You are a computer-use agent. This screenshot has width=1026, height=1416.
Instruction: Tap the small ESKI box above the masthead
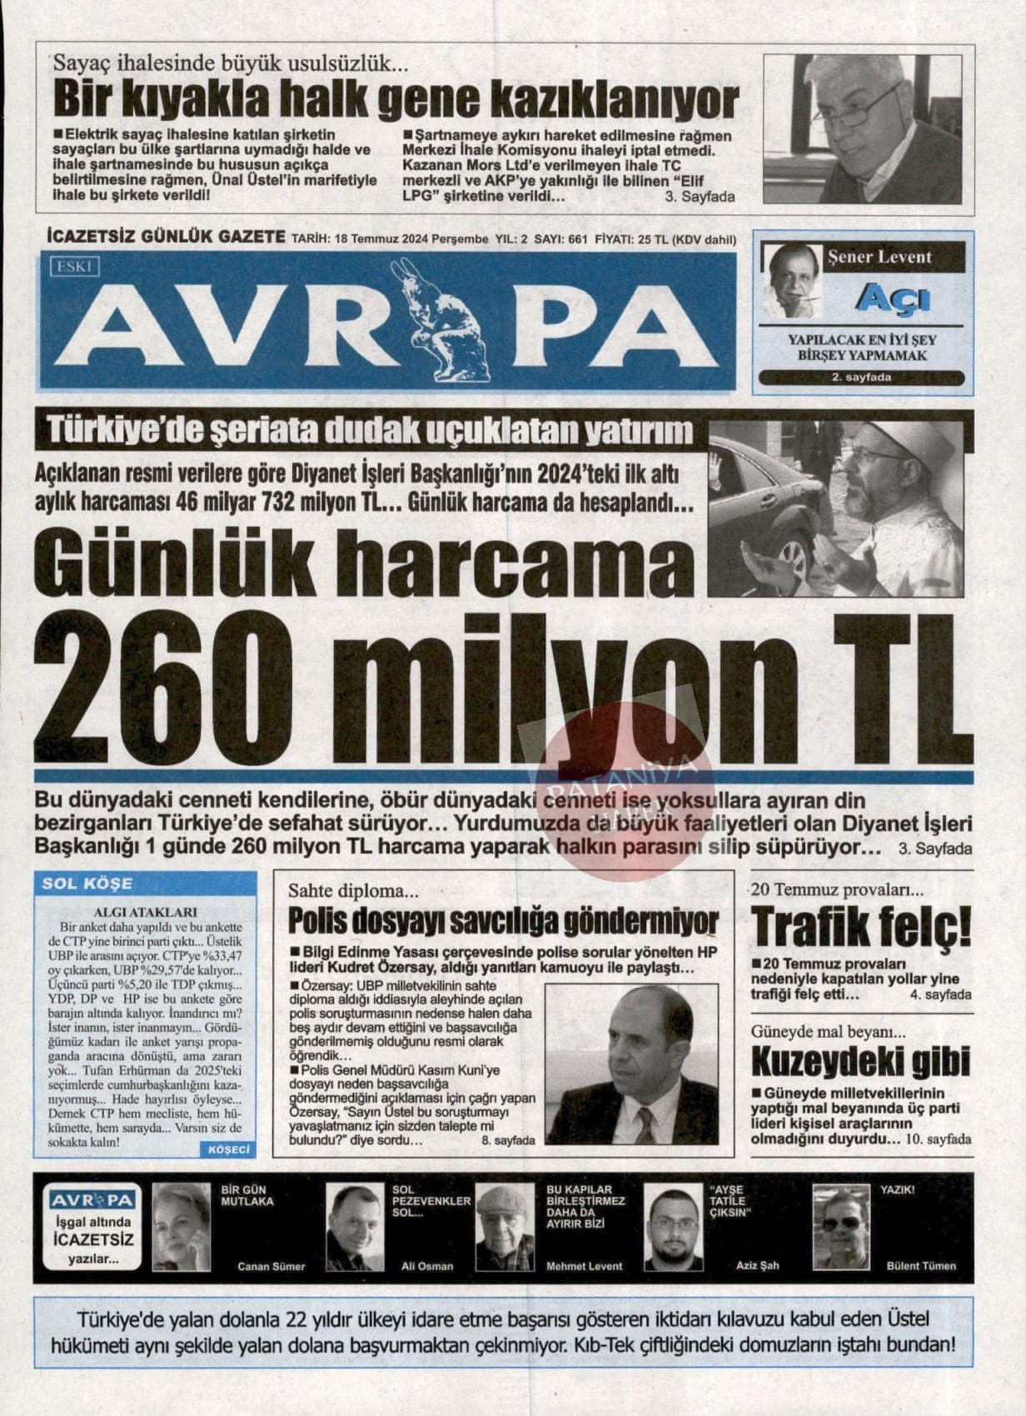(x=75, y=267)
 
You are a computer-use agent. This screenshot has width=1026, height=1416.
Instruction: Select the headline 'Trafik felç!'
(x=861, y=925)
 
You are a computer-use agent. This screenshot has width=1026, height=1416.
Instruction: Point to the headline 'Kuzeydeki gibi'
(x=861, y=1060)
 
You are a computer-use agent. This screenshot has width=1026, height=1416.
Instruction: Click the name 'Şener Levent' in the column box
(x=879, y=257)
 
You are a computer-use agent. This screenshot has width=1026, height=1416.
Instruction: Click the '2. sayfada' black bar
(x=861, y=378)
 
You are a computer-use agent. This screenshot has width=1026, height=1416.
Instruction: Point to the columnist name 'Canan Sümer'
(x=271, y=1266)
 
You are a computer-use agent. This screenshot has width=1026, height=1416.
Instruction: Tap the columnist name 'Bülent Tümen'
(x=921, y=1266)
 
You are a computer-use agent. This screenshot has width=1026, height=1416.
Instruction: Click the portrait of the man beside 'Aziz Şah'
(x=674, y=1228)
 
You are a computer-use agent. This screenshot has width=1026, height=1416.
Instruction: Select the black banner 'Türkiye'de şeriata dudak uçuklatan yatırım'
(x=371, y=431)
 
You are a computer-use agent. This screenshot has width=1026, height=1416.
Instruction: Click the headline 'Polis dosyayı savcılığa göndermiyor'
(x=503, y=922)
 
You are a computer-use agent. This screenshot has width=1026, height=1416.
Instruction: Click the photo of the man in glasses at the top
(x=862, y=128)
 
